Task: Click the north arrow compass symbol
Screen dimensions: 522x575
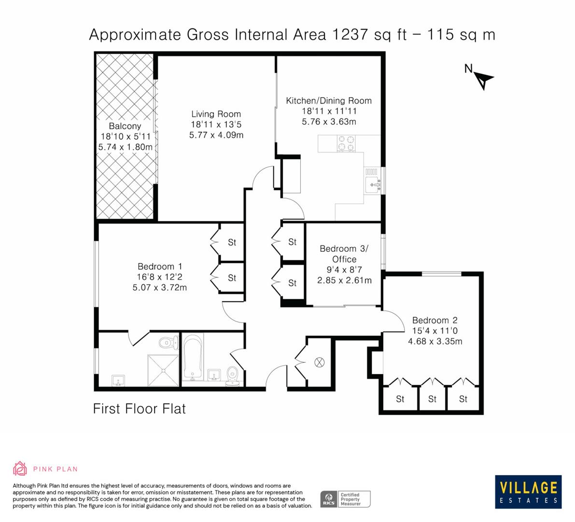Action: [483, 79]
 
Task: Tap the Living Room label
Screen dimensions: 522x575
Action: [216, 114]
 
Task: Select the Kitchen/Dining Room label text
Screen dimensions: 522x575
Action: [329, 101]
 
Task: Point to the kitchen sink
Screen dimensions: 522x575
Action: [373, 183]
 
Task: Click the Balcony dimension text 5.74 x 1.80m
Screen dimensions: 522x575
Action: [126, 147]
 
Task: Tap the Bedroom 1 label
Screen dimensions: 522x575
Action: [159, 266]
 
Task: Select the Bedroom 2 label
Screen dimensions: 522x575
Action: [435, 320]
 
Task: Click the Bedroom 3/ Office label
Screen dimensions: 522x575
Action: [344, 254]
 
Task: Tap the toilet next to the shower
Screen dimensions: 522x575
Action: [167, 343]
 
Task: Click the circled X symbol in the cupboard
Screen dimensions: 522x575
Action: [320, 362]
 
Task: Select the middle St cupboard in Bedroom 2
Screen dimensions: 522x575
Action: [432, 399]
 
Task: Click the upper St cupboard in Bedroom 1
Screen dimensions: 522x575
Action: [232, 242]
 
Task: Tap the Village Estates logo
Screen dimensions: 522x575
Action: [528, 492]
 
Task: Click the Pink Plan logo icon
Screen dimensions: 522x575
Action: [20, 468]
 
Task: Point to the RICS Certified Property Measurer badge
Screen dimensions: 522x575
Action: [346, 499]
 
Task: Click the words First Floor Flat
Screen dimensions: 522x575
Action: [139, 409]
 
